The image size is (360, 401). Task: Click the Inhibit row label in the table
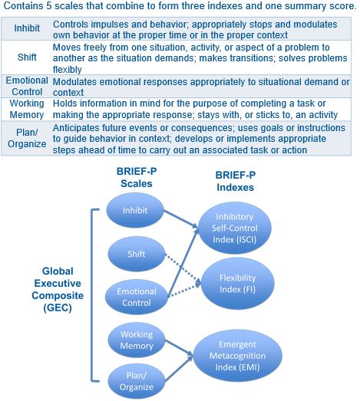pyautogui.click(x=27, y=28)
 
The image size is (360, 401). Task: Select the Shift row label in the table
pyautogui.click(x=27, y=57)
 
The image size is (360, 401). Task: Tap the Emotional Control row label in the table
pyautogui.click(x=27, y=86)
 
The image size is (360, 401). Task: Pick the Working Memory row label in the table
pyautogui.click(x=27, y=109)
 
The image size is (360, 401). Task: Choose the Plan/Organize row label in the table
pyautogui.click(x=27, y=138)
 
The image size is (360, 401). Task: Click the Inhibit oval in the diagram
pyautogui.click(x=135, y=210)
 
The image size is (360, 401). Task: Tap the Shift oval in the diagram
pyautogui.click(x=137, y=254)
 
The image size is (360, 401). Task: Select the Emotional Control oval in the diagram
pyautogui.click(x=137, y=297)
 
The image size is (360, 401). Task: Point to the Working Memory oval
pyautogui.click(x=137, y=340)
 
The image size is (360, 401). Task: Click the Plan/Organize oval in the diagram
pyautogui.click(x=137, y=381)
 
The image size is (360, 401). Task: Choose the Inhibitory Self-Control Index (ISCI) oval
pyautogui.click(x=235, y=228)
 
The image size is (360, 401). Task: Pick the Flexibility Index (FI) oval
pyautogui.click(x=238, y=284)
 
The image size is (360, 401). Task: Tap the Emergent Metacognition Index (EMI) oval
pyautogui.click(x=238, y=356)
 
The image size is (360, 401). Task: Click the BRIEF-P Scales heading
pyautogui.click(x=137, y=177)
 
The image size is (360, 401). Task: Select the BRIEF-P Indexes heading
pyautogui.click(x=236, y=181)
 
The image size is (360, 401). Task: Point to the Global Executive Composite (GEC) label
pyautogui.click(x=58, y=289)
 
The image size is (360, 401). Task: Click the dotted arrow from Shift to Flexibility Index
pyautogui.click(x=183, y=269)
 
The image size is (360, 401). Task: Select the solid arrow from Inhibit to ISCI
pyautogui.click(x=181, y=219)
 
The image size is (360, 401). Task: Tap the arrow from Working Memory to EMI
pyautogui.click(x=179, y=348)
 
